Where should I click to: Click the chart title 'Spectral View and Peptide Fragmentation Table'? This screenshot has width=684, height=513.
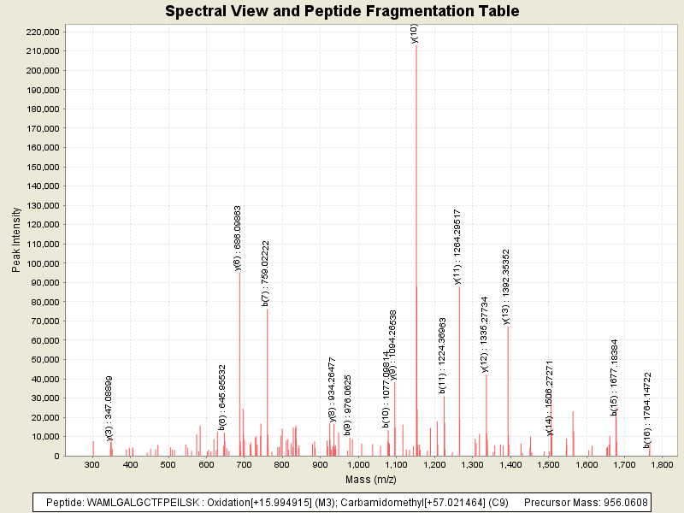click(x=342, y=11)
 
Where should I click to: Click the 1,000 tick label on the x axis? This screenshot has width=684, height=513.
click(x=358, y=464)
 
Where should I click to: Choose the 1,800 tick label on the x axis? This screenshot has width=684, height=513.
click(x=663, y=464)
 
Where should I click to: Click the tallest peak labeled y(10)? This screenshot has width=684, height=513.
click(x=416, y=248)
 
